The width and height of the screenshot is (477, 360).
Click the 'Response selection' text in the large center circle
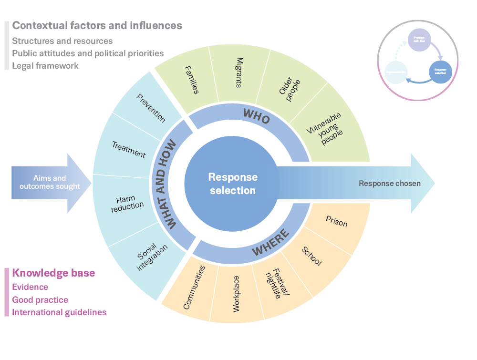(x=233, y=184)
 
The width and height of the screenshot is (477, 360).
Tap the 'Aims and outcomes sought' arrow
(x=50, y=183)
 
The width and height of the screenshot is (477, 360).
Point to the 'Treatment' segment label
(x=129, y=149)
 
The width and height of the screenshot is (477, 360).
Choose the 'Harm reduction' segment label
(x=130, y=202)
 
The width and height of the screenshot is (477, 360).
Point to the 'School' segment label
(x=311, y=256)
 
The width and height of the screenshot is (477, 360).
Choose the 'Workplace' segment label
(x=236, y=294)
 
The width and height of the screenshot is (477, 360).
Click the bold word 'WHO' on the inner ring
(x=257, y=116)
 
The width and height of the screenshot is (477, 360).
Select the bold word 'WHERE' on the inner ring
(x=270, y=243)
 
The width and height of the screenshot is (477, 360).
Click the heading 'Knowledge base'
(x=53, y=273)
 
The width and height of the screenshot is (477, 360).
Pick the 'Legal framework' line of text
(x=45, y=66)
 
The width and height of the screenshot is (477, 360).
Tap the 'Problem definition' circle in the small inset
(x=419, y=40)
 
